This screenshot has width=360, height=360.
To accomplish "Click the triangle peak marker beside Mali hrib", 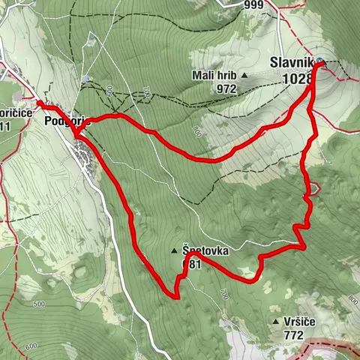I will (x=244, y=76).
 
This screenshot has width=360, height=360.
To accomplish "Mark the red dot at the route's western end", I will (x=39, y=103).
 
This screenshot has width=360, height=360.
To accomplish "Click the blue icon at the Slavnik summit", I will (x=320, y=61).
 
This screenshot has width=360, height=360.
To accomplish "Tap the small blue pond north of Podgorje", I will (x=88, y=79).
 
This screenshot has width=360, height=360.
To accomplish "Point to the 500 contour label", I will (x=39, y=304).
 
